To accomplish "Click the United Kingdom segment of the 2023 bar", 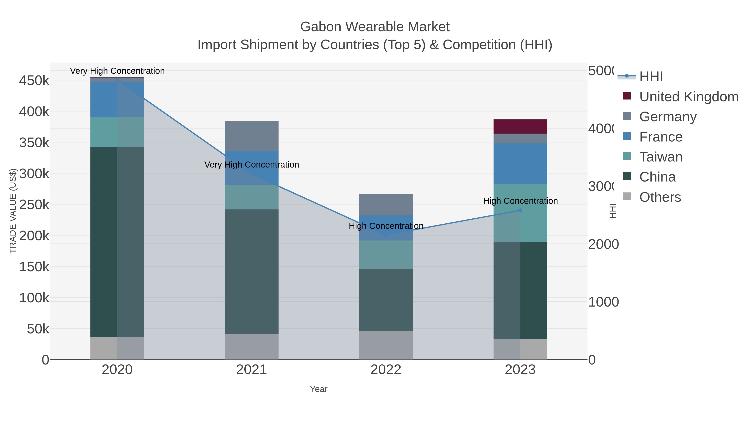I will (x=520, y=126).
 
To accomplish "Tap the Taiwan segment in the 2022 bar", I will (x=386, y=254).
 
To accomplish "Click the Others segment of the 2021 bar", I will (x=251, y=346).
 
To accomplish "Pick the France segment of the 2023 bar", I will (x=520, y=163).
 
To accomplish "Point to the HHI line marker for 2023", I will (x=520, y=210).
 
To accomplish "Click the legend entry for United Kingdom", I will (x=689, y=96).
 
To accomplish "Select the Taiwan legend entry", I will (x=661, y=157).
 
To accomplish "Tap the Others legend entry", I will (x=660, y=197).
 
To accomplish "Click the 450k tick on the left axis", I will (x=34, y=81).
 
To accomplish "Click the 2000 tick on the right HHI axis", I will (x=603, y=244).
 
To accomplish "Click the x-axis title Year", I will (x=319, y=389).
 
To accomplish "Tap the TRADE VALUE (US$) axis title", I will (x=13, y=211).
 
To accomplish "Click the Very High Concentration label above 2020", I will (x=117, y=71).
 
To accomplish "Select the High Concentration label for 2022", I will (x=386, y=226).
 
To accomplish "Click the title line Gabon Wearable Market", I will (x=375, y=27).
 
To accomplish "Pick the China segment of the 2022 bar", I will (x=386, y=300).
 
